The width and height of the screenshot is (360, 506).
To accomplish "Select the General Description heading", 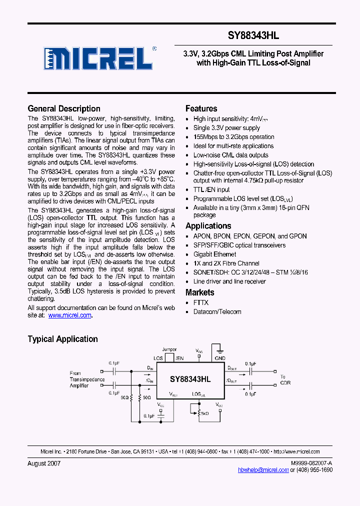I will (x=64, y=108).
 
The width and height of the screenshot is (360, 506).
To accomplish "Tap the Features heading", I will (x=201, y=108).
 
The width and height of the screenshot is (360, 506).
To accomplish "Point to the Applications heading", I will (x=208, y=226).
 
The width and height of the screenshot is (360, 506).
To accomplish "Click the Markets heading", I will (x=199, y=292).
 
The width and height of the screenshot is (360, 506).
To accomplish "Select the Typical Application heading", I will (x=62, y=339).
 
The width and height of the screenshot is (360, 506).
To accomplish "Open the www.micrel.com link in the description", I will (x=69, y=315).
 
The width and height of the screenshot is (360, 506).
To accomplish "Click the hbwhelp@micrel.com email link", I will (x=263, y=470).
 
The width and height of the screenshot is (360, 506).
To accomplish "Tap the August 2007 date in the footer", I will (x=44, y=463).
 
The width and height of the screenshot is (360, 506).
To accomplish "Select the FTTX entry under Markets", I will (x=201, y=302).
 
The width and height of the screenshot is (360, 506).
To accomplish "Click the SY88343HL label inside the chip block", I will (x=190, y=379).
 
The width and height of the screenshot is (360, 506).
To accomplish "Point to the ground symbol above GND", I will (x=219, y=350).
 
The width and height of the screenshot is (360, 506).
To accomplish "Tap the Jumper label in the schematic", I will (x=169, y=349).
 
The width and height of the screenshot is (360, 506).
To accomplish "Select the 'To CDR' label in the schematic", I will (x=285, y=380).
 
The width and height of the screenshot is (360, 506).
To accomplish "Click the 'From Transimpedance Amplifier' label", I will (x=87, y=379).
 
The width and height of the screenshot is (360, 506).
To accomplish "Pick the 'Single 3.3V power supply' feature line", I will (x=226, y=128).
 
